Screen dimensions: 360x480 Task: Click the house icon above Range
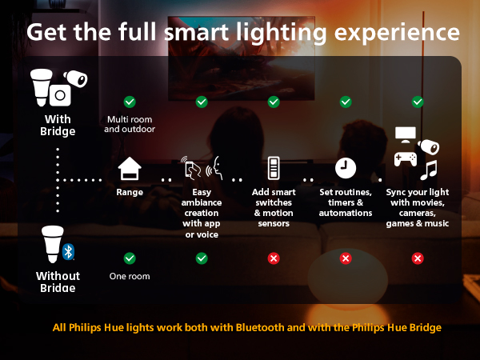pyautogui.click(x=130, y=169)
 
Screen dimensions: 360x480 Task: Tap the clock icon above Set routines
pyautogui.click(x=346, y=167)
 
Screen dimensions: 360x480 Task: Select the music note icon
pyautogui.click(x=430, y=170)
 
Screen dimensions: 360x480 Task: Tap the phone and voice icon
pyautogui.click(x=202, y=168)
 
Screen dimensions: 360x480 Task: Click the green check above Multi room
pyautogui.click(x=130, y=102)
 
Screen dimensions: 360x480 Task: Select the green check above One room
pyautogui.click(x=130, y=258)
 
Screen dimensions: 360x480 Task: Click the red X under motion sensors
pyautogui.click(x=274, y=258)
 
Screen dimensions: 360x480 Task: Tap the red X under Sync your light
pyautogui.click(x=418, y=258)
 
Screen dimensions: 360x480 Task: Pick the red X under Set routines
pyautogui.click(x=346, y=258)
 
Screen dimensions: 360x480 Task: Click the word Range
pyautogui.click(x=130, y=193)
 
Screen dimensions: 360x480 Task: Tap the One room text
pyautogui.click(x=130, y=277)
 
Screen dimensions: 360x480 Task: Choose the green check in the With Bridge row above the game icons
pyautogui.click(x=418, y=102)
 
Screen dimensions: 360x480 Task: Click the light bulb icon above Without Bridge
pyautogui.click(x=50, y=246)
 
